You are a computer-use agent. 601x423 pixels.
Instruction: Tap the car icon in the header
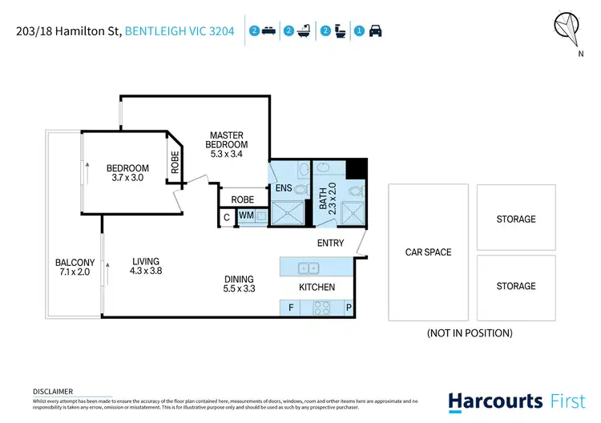(x=375, y=31)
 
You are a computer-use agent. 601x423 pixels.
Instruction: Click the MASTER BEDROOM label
(x=226, y=140)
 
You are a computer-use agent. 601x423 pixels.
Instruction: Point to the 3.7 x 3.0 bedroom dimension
(x=127, y=178)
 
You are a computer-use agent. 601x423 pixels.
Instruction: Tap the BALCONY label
(x=75, y=262)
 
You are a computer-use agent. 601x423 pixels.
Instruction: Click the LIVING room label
(x=146, y=261)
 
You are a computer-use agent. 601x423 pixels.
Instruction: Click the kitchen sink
(x=308, y=268)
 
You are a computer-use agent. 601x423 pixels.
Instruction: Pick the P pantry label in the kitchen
(x=349, y=307)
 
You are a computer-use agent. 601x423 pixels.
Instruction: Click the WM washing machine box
(x=246, y=216)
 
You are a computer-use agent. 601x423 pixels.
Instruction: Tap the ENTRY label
(x=330, y=243)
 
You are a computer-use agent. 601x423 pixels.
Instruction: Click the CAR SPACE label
(x=428, y=252)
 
